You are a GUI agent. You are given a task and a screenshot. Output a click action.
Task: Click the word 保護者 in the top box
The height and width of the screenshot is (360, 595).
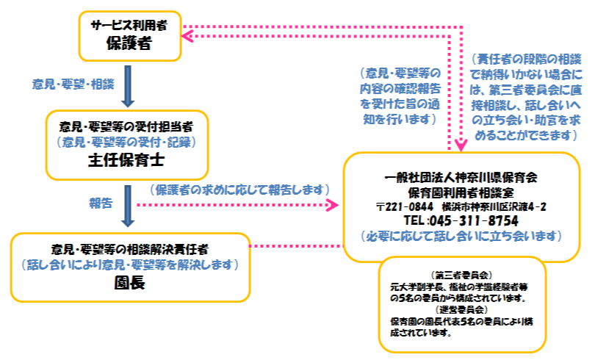click(129, 43)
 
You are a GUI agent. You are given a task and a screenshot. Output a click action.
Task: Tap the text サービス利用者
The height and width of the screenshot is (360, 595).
click(129, 25)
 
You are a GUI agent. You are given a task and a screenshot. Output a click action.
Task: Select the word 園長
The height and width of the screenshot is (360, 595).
click(129, 283)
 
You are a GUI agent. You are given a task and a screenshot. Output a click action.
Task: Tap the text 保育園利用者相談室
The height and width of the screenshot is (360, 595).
click(461, 192)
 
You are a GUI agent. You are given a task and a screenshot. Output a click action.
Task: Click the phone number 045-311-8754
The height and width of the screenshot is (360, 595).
click(480, 220)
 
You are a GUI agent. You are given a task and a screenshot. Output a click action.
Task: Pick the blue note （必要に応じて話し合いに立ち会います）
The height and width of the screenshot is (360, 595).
click(461, 236)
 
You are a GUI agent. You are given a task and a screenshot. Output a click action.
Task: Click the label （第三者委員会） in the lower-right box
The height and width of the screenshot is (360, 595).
click(462, 274)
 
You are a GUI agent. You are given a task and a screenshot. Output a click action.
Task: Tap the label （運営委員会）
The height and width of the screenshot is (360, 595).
click(462, 309)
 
